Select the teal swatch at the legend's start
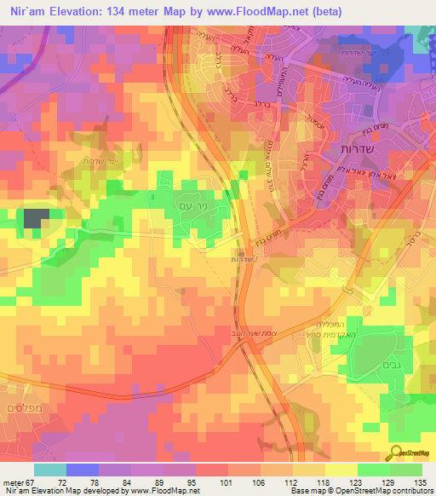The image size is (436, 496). (50, 470)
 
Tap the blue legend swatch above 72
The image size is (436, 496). (83, 470)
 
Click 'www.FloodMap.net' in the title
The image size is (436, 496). (259, 11)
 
